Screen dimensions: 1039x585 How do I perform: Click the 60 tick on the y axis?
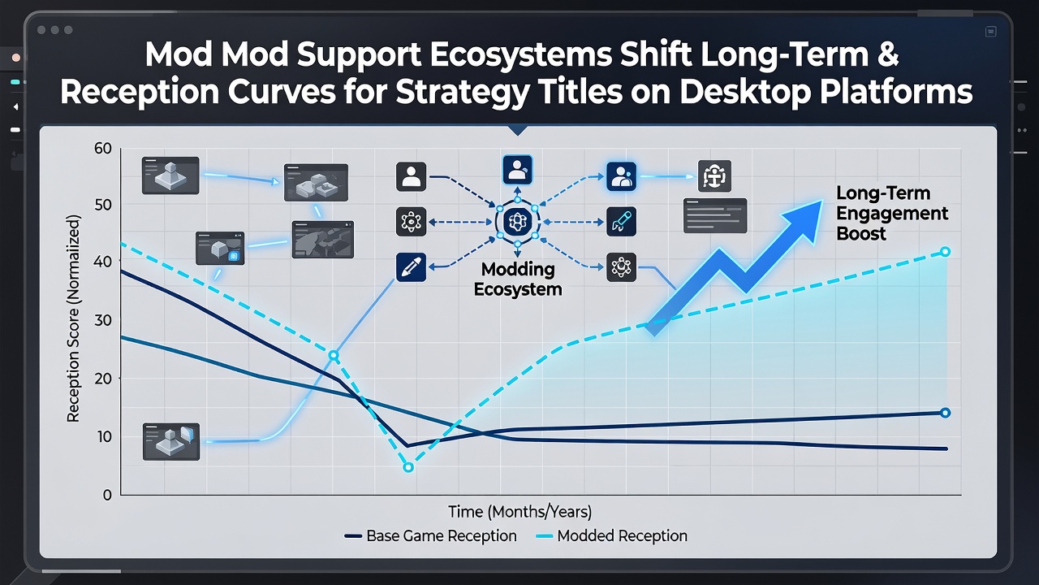(x=103, y=148)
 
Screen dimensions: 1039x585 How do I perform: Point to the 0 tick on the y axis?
(x=107, y=495)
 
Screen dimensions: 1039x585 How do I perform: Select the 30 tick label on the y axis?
(x=103, y=320)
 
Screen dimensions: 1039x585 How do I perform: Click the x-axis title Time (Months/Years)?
(x=520, y=512)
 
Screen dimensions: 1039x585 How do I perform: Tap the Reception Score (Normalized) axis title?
(x=73, y=318)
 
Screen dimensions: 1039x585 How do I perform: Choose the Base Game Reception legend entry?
(x=430, y=535)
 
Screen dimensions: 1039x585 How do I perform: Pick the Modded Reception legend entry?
(x=611, y=535)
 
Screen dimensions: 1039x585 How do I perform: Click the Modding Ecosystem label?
(x=518, y=279)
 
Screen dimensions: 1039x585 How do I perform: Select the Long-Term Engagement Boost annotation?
(x=891, y=213)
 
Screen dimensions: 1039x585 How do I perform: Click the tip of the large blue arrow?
(x=822, y=201)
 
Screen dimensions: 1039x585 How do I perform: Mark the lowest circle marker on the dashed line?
(x=408, y=467)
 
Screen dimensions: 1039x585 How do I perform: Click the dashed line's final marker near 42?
(x=946, y=252)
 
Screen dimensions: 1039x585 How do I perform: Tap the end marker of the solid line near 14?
(x=946, y=413)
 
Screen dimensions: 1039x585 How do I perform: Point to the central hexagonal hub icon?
(x=517, y=222)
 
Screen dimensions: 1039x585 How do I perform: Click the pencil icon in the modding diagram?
(x=411, y=267)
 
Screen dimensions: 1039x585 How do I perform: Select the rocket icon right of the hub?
(x=621, y=222)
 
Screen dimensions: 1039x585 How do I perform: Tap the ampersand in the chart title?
(x=888, y=54)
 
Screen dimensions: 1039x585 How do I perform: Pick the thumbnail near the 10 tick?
(x=171, y=441)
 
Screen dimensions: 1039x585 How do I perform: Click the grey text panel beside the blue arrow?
(x=715, y=215)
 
